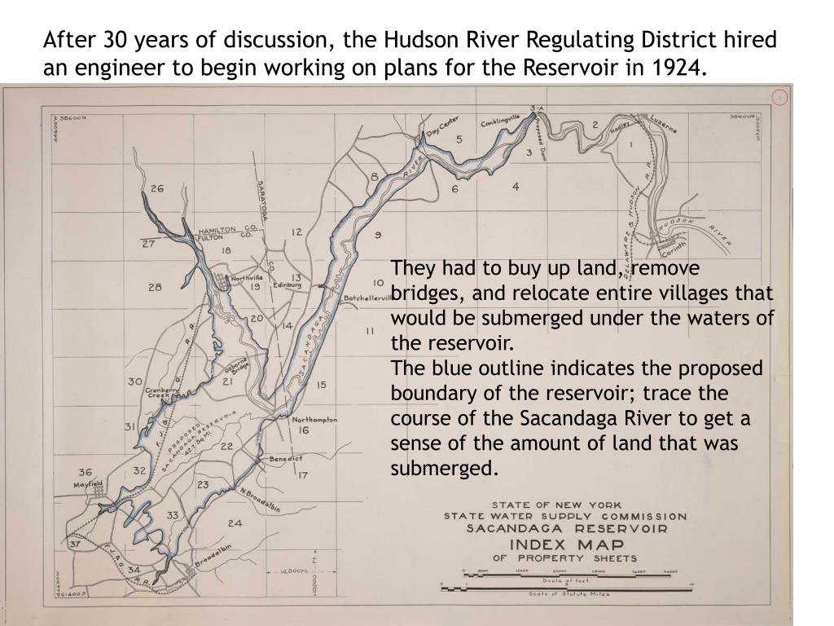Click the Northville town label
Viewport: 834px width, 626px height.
[x=247, y=278]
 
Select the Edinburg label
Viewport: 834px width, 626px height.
[x=288, y=285]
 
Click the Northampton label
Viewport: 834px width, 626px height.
[x=314, y=420]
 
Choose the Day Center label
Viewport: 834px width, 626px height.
[x=443, y=127]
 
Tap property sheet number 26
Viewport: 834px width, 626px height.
[x=156, y=188]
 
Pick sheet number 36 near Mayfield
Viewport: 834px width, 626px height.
[x=86, y=471]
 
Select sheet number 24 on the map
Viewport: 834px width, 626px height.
[x=235, y=522]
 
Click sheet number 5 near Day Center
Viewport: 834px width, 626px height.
[x=459, y=139]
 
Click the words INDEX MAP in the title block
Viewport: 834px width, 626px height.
[x=567, y=544]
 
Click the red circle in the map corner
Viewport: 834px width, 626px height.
[x=779, y=97]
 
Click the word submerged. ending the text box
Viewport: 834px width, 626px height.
[x=443, y=469]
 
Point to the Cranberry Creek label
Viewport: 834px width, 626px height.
[x=162, y=392]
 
